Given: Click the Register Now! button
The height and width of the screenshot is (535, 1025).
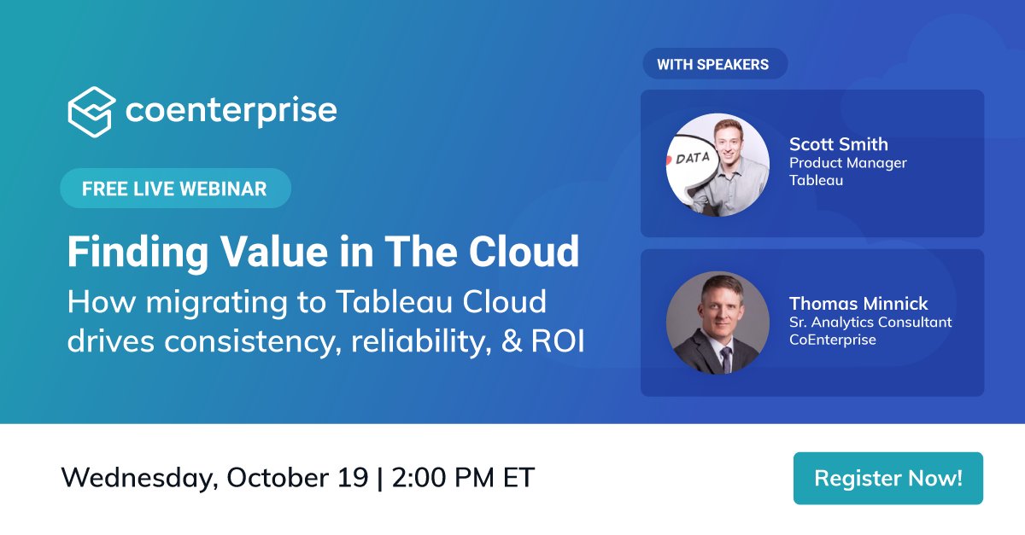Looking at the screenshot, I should [887, 478].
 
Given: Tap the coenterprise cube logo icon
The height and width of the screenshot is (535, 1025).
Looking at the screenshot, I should [91, 112].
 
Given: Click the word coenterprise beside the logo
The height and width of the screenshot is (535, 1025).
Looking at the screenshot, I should [231, 111].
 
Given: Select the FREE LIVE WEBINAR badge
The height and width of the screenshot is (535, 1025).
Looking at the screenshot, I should [174, 189].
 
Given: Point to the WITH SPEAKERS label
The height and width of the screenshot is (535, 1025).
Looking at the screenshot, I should [712, 64].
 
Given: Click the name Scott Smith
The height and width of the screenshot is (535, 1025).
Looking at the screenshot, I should [838, 143].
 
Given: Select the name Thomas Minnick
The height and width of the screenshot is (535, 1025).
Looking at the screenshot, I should [858, 303].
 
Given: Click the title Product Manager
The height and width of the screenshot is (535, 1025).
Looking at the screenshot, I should [847, 162].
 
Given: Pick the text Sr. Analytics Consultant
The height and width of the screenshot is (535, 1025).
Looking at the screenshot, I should [870, 322].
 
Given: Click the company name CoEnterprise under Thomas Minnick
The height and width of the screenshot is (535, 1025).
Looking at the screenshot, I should [832, 340].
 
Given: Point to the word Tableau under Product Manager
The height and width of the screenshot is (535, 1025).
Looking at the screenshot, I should [816, 180].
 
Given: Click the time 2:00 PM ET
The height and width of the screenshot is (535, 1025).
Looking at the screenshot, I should [463, 477].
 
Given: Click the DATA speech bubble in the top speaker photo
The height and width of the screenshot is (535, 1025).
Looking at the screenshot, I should [691, 159].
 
